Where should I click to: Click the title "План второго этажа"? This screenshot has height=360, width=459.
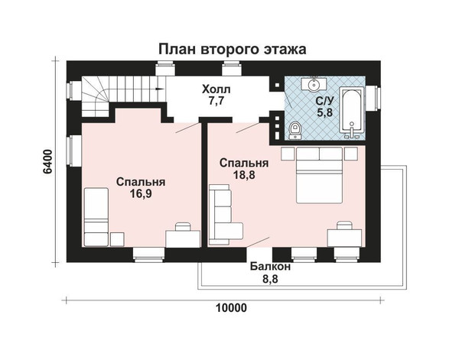232,49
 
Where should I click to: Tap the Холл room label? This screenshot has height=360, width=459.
216,89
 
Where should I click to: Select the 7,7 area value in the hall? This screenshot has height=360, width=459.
216,101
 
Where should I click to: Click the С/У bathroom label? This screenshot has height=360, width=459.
324,101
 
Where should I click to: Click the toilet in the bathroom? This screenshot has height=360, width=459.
295,131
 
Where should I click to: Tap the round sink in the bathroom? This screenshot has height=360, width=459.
314,85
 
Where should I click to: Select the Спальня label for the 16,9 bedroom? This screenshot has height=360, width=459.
141,182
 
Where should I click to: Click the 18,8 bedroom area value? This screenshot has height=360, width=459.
244,175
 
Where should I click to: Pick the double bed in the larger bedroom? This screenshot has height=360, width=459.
319,175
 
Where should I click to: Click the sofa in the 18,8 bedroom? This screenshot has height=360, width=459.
225,214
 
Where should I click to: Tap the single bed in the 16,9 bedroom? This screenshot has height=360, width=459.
96,217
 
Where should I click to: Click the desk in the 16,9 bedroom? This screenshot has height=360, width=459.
183,238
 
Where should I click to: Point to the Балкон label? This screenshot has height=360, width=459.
270,267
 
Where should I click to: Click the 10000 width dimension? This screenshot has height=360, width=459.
231,308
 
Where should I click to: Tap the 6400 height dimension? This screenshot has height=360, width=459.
47,162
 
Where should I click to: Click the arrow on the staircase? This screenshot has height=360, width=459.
160,89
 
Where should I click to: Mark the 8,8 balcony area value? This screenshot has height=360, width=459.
270,279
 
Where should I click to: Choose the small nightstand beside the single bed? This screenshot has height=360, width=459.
117,239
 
